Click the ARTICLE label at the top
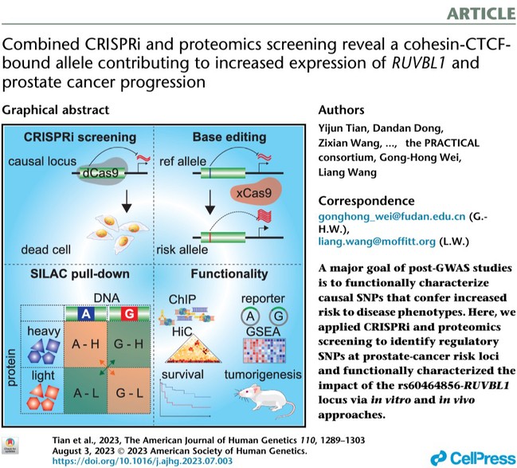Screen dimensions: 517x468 (x=481, y=14)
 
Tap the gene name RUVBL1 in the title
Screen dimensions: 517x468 (x=418, y=62)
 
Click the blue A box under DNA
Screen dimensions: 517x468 (x=86, y=313)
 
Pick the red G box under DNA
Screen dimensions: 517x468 (x=129, y=313)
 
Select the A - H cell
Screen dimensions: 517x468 (x=85, y=344)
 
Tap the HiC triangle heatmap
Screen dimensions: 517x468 (x=194, y=349)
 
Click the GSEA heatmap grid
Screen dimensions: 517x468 (x=264, y=350)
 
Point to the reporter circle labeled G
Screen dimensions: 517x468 (x=279, y=316)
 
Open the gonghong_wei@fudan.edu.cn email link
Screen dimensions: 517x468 (x=392, y=217)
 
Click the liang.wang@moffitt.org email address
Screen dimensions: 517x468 (x=377, y=242)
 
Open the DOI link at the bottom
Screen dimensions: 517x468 (x=143, y=461)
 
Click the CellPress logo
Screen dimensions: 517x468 (x=473, y=458)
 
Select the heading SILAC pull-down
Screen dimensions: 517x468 (x=80, y=274)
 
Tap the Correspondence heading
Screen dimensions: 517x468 (x=366, y=201)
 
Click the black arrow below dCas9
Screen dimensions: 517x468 (x=127, y=201)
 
